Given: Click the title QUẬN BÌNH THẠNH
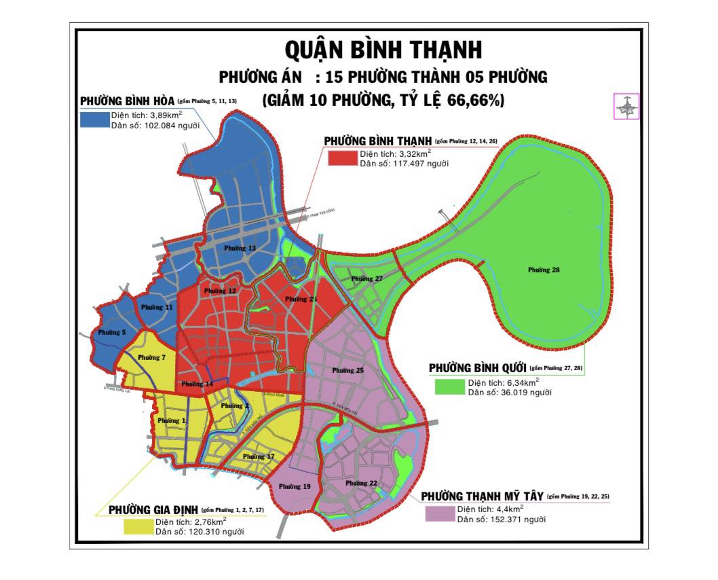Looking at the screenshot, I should tap(383, 50).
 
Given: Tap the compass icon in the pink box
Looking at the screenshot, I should tap(626, 107).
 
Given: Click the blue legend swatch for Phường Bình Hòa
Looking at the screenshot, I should tap(94, 119).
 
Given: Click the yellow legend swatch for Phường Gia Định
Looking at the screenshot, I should tap(138, 526).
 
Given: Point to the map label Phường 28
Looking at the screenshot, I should tap(544, 270).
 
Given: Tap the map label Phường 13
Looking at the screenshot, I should tap(241, 249).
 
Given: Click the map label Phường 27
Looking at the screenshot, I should tap(367, 279).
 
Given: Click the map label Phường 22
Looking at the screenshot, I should tap(361, 483).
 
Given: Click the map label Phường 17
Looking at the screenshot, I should tap(259, 457).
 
